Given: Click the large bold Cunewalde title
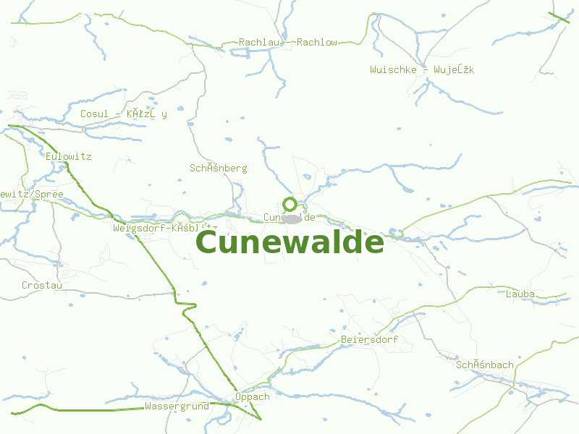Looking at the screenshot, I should point(289,242).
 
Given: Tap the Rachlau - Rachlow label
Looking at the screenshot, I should point(288,43).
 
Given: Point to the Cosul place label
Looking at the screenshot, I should point(123,114).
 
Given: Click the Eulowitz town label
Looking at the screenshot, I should point(68,156).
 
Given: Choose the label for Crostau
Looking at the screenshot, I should point(42,285).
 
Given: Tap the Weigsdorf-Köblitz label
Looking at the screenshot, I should point(165,228).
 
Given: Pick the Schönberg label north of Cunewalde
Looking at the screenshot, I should point(218,168).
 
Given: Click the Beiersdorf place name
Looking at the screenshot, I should point(369,339).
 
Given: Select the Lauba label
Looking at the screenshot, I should point(520,294).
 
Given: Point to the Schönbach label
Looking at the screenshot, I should point(485,365).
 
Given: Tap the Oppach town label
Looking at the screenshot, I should point(252,396).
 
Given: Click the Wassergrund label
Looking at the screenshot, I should point(177,406).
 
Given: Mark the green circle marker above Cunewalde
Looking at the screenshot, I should point(289,204).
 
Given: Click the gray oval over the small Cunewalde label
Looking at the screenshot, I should point(292,218).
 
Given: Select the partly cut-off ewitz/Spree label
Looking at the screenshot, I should point(32,195).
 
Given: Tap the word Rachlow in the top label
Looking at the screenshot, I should point(317,43).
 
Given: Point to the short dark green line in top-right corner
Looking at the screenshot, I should point(559,18).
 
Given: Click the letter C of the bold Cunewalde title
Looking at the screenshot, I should point(207,242).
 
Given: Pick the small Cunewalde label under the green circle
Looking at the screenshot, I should point(289,217).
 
